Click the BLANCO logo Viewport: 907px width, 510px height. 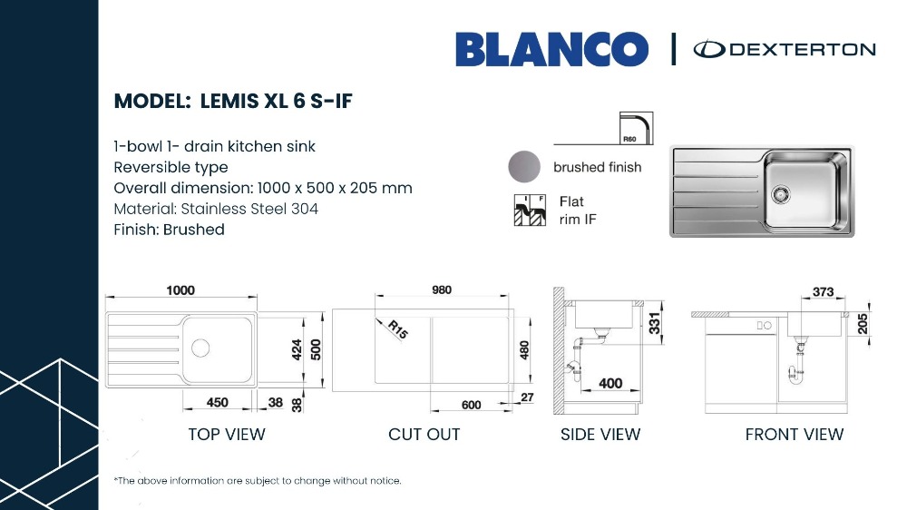tap(551, 49)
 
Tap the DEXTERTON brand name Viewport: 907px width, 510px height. tap(803, 49)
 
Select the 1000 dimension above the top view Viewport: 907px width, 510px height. tap(180, 290)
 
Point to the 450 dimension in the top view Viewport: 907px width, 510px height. tap(218, 402)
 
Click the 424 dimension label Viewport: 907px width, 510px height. tap(297, 349)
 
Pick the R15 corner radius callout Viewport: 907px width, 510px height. tap(398, 329)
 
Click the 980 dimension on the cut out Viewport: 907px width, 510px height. tap(442, 289)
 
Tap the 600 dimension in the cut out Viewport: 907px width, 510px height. tap(472, 405)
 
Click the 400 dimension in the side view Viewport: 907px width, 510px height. tap(610, 383)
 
